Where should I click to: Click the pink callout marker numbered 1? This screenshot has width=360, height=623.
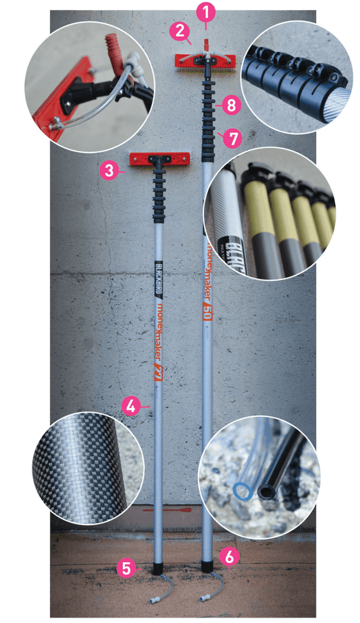[x=206, y=11]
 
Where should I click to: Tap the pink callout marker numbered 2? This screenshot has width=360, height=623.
[x=180, y=30]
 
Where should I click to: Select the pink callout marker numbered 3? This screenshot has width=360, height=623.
[x=108, y=170]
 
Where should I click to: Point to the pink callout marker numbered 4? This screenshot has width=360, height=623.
[x=132, y=406]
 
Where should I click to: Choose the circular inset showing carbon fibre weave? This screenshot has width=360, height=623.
[x=75, y=469]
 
